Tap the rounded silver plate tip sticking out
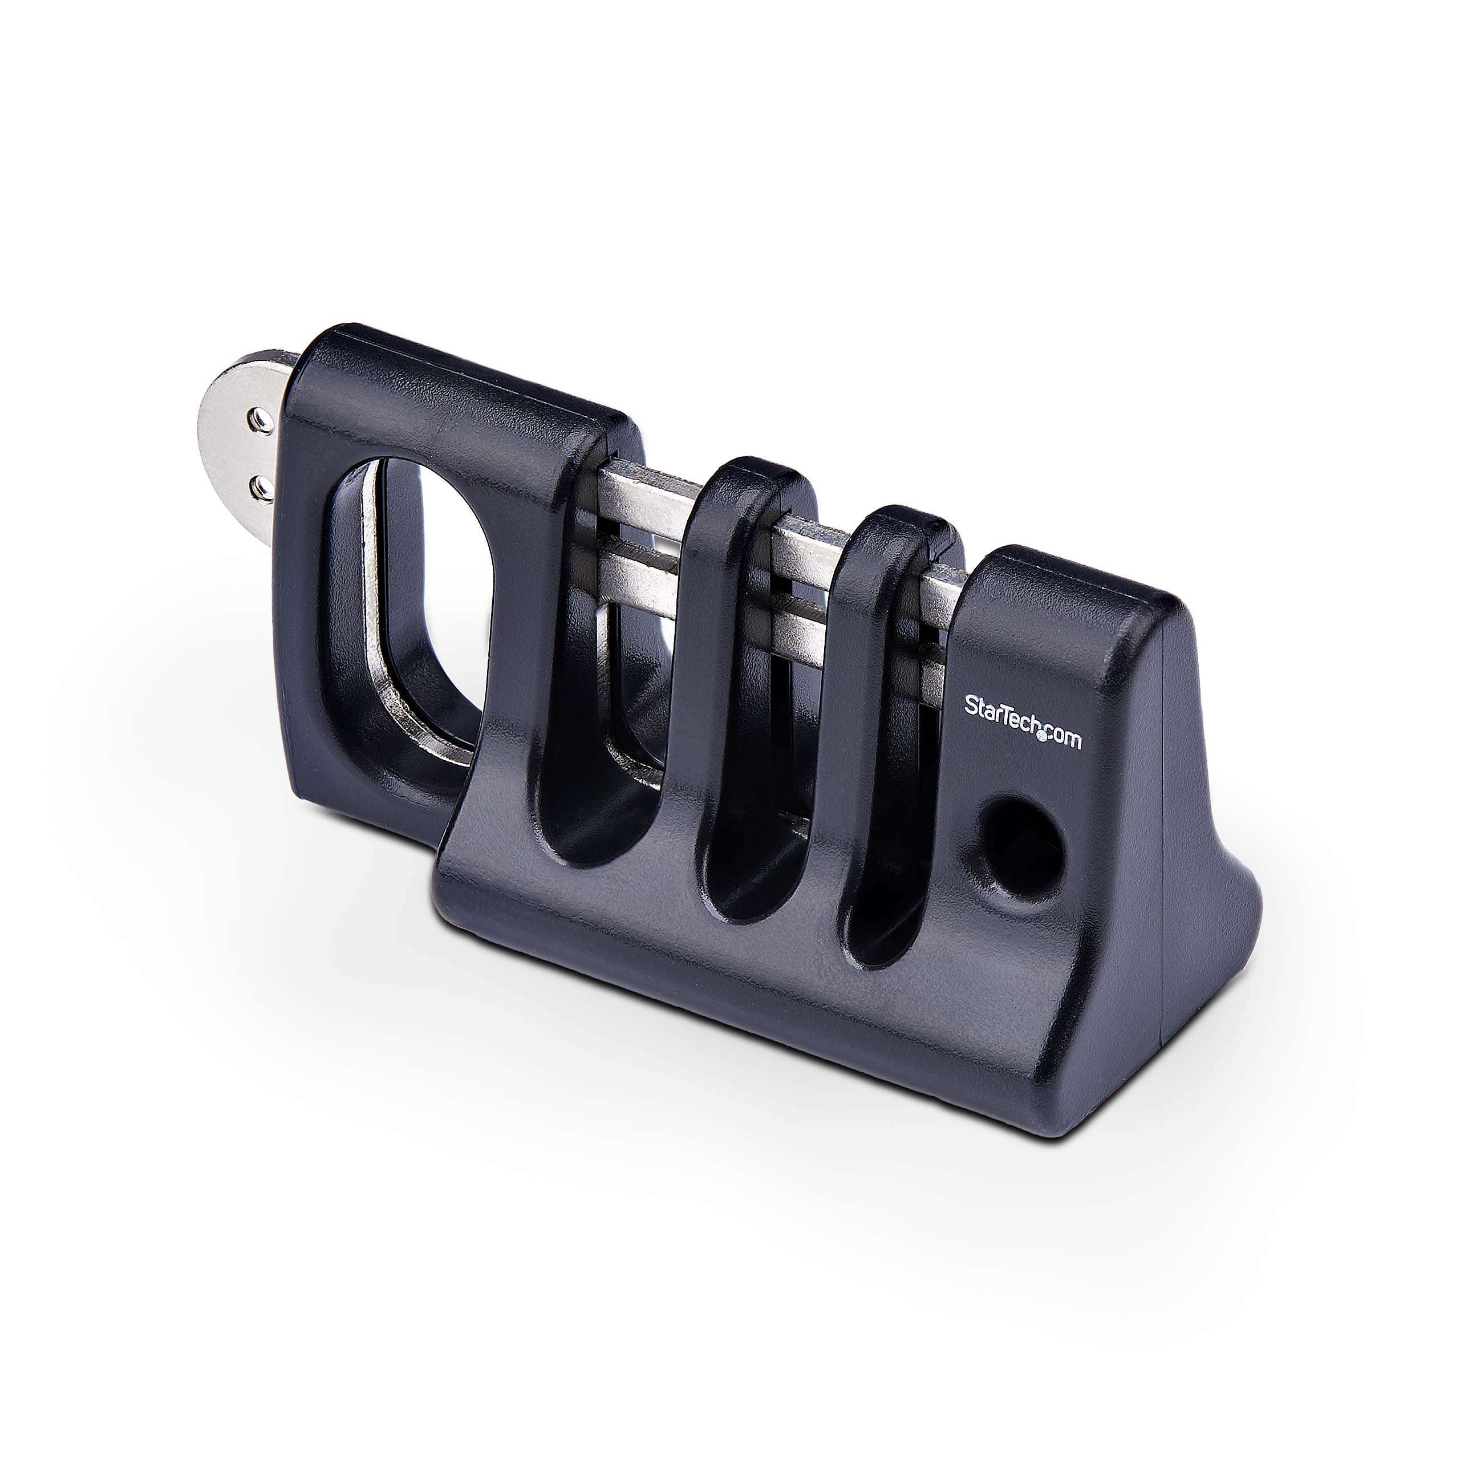tap(230, 446)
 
